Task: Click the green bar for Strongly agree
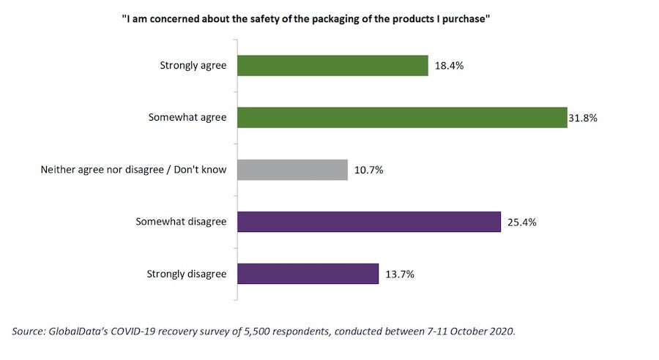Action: point(332,65)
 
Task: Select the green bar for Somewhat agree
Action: point(402,117)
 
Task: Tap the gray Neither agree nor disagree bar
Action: point(292,170)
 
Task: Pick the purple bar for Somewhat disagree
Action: point(368,222)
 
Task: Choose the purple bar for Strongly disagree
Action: point(308,274)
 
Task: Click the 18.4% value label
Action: point(449,66)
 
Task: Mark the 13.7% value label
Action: point(400,275)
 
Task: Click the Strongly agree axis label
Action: point(193,66)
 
